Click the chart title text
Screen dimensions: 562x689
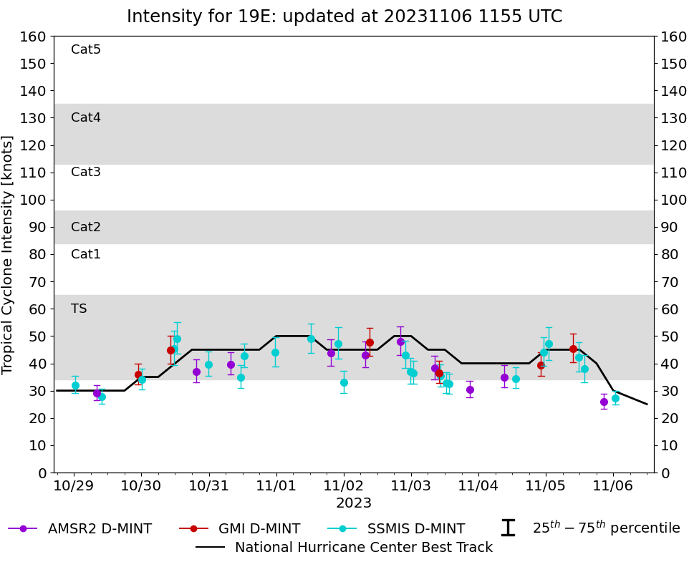344,16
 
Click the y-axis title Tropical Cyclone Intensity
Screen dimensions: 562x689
9,254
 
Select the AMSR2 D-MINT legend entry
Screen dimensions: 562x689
100,529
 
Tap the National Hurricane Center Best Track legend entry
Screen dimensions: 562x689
363,548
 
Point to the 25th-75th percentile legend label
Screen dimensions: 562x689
605,528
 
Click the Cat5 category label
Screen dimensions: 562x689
86,49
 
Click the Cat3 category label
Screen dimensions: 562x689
86,172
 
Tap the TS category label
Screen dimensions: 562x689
79,309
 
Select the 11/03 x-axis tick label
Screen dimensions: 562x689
411,485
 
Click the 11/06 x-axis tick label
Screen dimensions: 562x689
613,485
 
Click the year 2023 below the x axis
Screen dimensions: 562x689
354,503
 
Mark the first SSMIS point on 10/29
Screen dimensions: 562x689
75,385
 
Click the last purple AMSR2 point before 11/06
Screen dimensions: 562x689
604,402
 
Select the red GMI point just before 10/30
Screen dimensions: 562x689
138,374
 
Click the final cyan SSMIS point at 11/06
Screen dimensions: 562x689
615,398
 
